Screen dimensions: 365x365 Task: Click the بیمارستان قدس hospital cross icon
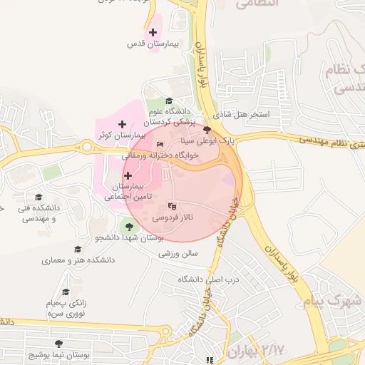152,32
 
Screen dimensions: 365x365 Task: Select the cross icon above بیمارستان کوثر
122,124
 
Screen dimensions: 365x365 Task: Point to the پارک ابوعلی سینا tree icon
207,130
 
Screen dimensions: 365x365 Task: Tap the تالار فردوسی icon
170,206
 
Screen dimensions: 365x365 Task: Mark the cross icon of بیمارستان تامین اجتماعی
128,175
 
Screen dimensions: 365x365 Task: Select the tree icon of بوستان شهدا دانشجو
128,227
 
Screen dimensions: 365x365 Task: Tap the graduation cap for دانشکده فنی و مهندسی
38,197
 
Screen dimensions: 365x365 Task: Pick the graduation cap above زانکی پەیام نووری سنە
66,292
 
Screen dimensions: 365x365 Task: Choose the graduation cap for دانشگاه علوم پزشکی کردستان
169,101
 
